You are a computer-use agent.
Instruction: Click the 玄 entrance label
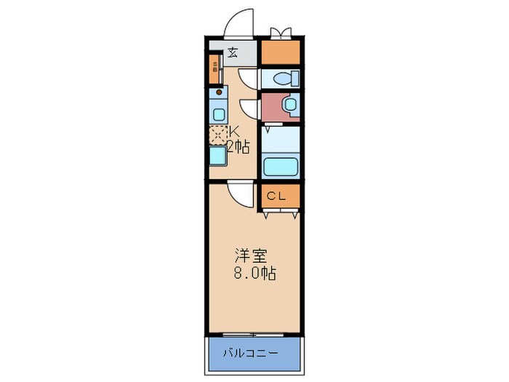(x=232, y=52)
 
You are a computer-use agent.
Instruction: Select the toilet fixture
(x=286, y=78)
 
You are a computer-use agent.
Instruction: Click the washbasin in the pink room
(x=289, y=106)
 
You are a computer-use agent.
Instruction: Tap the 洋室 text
(x=249, y=256)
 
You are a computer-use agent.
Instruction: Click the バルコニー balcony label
(x=254, y=353)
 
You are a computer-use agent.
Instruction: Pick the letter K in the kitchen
(x=235, y=132)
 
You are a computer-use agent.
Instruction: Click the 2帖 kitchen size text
(x=237, y=147)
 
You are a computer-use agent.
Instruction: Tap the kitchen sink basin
(x=218, y=113)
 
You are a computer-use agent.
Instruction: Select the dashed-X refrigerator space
(x=217, y=134)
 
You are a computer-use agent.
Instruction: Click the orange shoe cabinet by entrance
(x=215, y=71)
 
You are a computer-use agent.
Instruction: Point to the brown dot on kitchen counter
(x=216, y=92)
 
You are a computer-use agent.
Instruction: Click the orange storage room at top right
(x=280, y=52)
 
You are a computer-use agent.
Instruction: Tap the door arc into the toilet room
(x=249, y=79)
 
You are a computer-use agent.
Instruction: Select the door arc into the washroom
(x=249, y=108)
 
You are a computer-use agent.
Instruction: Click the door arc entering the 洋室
(x=239, y=192)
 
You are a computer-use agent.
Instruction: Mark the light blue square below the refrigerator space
(x=217, y=155)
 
